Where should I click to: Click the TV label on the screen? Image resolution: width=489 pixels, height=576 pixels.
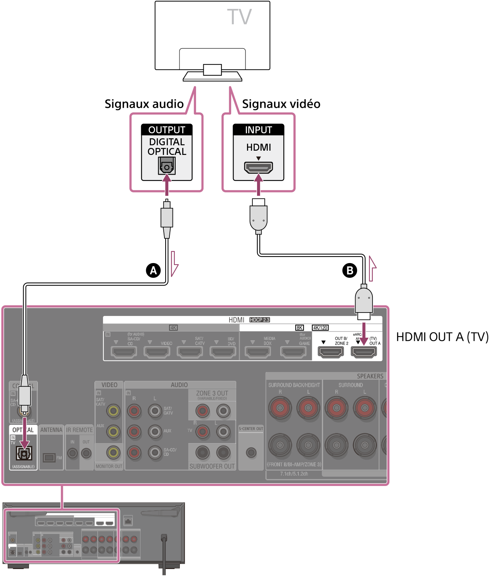(239, 17)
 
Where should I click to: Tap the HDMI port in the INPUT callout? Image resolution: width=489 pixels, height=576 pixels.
(258, 167)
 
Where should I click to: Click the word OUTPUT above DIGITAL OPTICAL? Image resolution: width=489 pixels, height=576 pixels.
(167, 130)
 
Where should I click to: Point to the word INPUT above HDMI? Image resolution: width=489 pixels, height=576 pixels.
(258, 130)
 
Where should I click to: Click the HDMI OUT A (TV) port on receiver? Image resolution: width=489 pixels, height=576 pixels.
(363, 352)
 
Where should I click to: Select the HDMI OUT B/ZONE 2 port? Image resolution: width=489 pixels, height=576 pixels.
(330, 352)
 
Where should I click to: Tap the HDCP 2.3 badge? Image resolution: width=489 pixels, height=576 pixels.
(260, 320)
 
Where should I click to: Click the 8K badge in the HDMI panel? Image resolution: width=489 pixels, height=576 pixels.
(299, 328)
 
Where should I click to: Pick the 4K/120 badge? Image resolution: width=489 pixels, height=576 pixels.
(320, 328)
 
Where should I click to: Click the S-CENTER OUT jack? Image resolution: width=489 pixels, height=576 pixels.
(251, 452)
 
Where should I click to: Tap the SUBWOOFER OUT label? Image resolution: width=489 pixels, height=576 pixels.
(212, 466)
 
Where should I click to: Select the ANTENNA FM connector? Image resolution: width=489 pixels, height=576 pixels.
(49, 458)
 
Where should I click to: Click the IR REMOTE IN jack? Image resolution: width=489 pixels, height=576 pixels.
(73, 453)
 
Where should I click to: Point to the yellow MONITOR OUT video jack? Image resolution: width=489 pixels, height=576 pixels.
(113, 452)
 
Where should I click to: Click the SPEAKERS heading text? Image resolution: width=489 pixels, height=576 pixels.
(370, 376)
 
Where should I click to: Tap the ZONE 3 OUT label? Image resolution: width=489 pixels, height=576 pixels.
(212, 393)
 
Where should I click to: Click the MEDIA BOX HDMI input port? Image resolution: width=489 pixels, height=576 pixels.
(258, 352)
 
